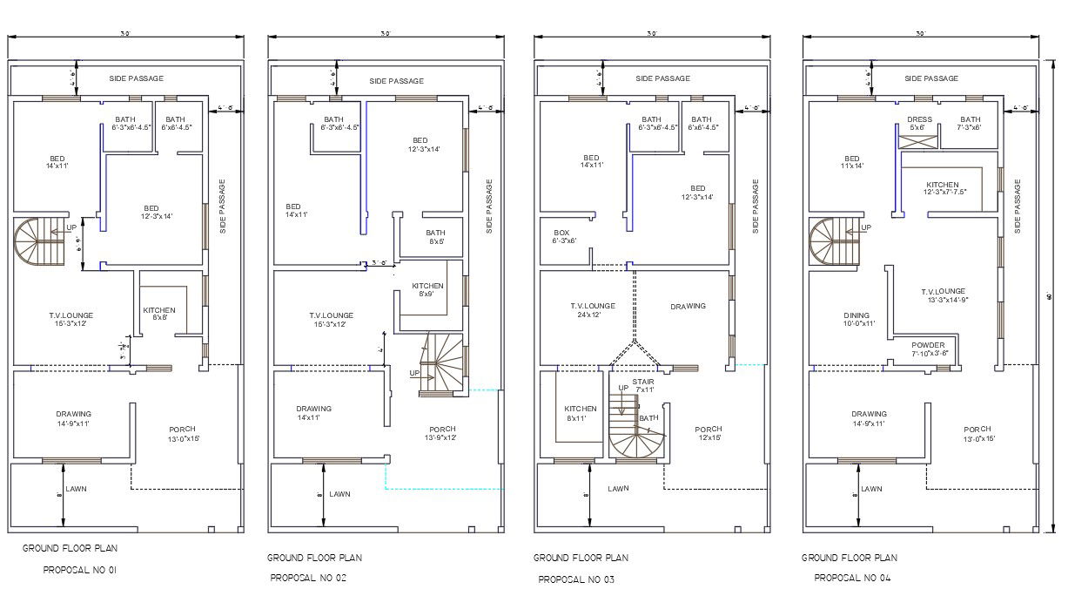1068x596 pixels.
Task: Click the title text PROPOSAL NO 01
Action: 80,571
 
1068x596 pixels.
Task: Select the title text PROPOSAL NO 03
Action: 576,579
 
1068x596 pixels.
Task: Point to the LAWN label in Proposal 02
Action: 339,494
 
